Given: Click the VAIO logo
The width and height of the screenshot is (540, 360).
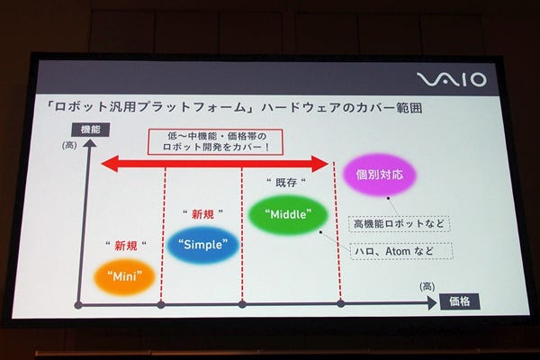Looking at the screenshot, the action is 452,79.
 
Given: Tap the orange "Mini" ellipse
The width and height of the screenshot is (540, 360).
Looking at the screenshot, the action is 125,276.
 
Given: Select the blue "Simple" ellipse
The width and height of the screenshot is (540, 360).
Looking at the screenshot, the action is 202,245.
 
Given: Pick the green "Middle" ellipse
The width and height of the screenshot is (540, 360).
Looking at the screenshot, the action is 288,214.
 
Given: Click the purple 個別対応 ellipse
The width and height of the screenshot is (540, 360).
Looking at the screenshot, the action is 380,175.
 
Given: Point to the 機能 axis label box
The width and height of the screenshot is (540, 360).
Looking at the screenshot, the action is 91,130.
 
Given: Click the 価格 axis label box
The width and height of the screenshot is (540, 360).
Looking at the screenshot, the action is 460,301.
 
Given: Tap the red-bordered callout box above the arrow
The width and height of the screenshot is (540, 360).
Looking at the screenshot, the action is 216,141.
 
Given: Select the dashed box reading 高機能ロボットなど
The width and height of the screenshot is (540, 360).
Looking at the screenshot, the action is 399,224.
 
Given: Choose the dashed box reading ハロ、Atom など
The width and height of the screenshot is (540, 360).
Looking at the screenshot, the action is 401,251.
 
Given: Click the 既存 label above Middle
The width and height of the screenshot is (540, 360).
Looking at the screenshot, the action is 286,183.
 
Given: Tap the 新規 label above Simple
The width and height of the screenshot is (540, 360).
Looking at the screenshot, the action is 202,214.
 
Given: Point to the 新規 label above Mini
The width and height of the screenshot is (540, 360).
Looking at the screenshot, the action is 126,246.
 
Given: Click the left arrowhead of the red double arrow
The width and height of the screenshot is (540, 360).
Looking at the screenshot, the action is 110,164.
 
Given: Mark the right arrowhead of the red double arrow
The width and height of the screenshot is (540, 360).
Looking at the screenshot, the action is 319,164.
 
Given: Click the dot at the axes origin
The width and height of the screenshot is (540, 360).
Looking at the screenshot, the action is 78,305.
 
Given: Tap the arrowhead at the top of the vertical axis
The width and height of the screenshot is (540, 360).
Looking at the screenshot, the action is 89,142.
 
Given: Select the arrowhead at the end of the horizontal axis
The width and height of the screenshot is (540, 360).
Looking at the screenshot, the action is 432,303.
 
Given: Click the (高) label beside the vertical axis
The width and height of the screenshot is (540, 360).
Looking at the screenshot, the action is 69,146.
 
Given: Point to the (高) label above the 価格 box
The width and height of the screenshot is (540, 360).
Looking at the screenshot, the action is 427,286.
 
